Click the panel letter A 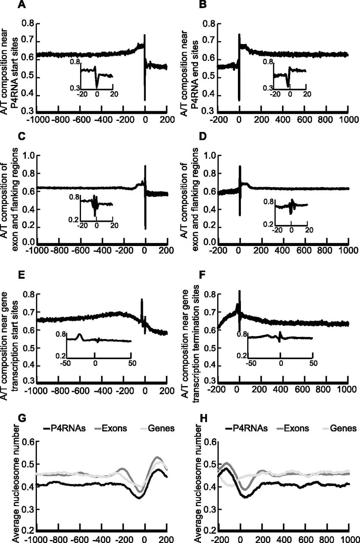click(x=22, y=5)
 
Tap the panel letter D click(x=203, y=137)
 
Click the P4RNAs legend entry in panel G click(x=64, y=428)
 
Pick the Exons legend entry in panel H click(x=293, y=428)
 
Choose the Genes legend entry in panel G click(x=158, y=428)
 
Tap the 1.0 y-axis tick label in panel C click(x=28, y=156)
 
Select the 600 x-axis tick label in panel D click(x=304, y=250)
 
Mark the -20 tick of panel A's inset click(x=82, y=94)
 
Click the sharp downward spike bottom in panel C click(x=145, y=229)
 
